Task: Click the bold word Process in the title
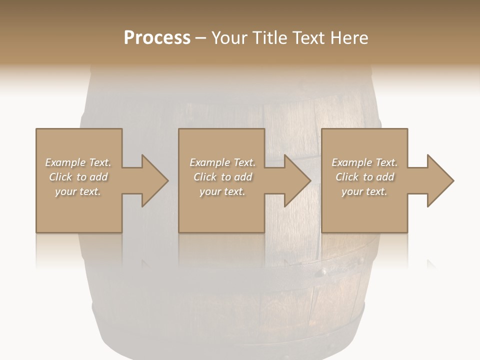[x=157, y=38]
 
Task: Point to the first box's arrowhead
[x=155, y=180]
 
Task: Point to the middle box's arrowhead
[x=297, y=180]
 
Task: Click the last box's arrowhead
[x=440, y=180]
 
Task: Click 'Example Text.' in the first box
[x=78, y=162]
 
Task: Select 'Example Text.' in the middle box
[x=222, y=162]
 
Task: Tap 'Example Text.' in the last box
[x=364, y=162]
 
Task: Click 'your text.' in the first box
[x=78, y=191]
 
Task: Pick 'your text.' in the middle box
[x=222, y=191]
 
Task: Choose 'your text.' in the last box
[x=364, y=191]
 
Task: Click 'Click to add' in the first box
[x=78, y=177]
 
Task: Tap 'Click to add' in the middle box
[x=222, y=177]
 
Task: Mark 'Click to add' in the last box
[x=364, y=177]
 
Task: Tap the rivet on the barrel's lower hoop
[x=324, y=273]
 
